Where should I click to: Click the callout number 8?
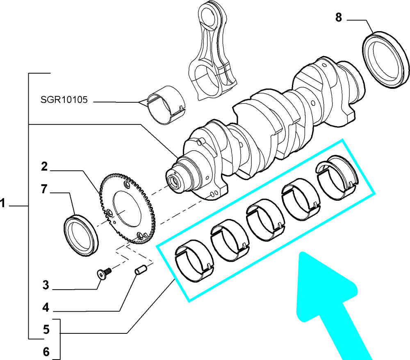coord(338,18)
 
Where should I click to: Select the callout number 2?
coord(44,166)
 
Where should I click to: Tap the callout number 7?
coord(44,189)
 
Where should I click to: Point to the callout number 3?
coord(46,285)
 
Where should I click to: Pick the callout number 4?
coord(46,308)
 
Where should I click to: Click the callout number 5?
coord(46,330)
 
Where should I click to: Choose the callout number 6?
coord(46,352)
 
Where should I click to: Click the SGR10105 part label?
coord(64,100)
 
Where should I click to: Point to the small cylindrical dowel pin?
coord(141,270)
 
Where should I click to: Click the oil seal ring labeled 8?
coord(387,60)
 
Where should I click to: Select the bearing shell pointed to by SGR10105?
coord(166,105)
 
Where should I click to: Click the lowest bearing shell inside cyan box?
coord(194,261)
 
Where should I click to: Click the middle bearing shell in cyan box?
coord(265,220)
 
